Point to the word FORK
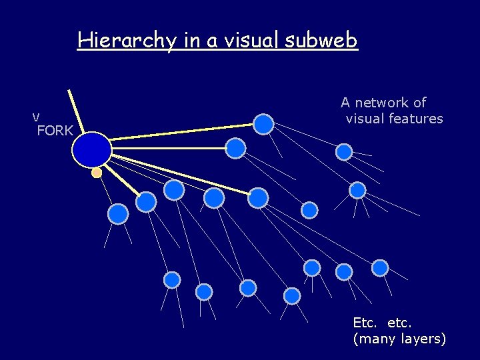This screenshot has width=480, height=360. point(55,131)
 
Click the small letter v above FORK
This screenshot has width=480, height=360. point(36,117)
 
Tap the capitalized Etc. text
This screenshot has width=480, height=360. point(365,323)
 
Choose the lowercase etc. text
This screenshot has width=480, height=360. point(399,323)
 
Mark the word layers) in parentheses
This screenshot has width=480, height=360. point(423,339)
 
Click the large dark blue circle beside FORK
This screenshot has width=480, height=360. point(91,149)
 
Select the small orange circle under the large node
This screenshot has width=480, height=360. point(97,173)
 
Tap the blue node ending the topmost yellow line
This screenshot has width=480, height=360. point(264,123)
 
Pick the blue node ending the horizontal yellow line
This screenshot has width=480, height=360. point(235,148)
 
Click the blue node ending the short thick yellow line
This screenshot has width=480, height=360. point(146,201)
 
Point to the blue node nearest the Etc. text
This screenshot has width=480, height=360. point(380,268)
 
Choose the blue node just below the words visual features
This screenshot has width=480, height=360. point(344,152)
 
